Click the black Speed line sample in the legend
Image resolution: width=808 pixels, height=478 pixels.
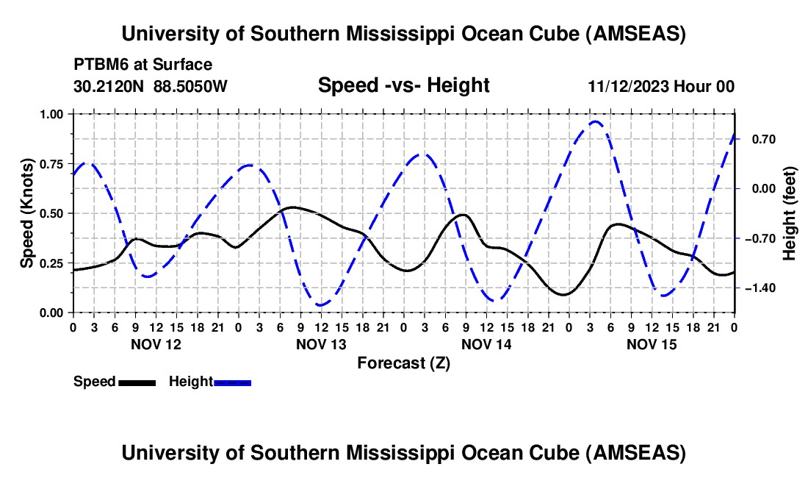pos(136,382)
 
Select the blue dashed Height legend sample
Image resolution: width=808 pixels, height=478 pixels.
pos(232,382)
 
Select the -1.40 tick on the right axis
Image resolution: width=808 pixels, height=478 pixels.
pos(760,288)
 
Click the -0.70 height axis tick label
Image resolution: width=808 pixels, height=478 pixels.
pos(760,238)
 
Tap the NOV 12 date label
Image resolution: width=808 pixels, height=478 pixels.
pos(156,344)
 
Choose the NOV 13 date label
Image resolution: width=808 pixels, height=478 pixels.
pos(321,344)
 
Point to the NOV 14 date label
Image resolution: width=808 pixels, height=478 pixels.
pos(486,344)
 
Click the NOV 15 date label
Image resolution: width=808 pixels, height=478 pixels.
pos(652,344)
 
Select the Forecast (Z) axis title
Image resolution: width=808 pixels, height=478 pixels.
pos(403,363)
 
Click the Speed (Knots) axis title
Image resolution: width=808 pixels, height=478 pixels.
pos(27,213)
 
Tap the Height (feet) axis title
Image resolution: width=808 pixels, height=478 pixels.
pos(790,213)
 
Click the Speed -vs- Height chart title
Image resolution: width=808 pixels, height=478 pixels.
pos(403,85)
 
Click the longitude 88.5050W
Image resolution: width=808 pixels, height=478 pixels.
pos(190,86)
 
